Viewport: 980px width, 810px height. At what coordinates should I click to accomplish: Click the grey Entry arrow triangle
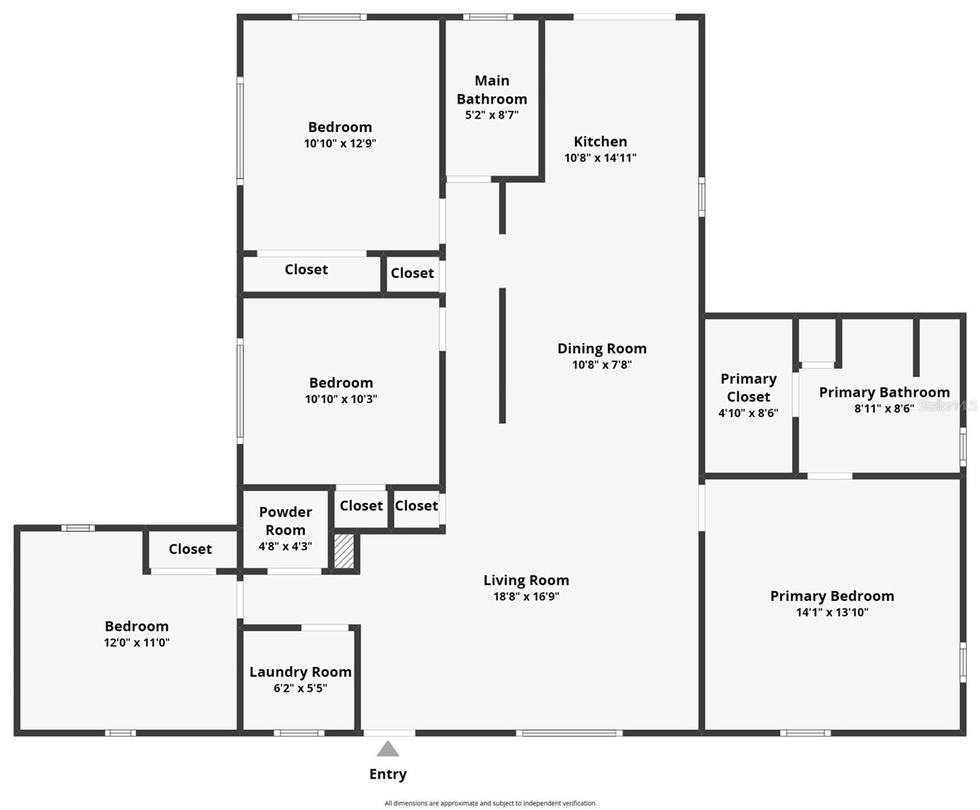(x=387, y=749)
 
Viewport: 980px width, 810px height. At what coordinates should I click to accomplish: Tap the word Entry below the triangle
(x=388, y=774)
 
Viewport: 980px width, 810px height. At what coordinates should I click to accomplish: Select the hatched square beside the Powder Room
(x=344, y=551)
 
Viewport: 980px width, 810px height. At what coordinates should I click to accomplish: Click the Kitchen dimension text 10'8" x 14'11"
(x=600, y=158)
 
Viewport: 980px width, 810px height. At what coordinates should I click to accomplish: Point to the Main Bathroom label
(x=492, y=90)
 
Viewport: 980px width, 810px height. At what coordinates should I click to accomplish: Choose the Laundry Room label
(x=300, y=672)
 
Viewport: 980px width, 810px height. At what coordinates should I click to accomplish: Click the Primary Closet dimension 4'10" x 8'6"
(x=748, y=413)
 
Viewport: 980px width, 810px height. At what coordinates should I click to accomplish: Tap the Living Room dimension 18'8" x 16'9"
(x=526, y=597)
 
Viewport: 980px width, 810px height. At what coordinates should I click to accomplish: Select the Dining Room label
(x=602, y=348)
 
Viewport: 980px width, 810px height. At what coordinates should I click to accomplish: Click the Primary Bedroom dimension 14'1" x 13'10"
(x=832, y=613)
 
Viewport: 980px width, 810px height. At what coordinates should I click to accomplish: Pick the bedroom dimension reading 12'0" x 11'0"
(x=136, y=643)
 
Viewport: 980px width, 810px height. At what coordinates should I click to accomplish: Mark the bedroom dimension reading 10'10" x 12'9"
(x=340, y=144)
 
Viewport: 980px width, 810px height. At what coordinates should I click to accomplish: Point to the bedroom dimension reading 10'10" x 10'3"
(x=341, y=400)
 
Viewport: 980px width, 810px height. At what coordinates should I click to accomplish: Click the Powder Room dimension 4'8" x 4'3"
(x=285, y=547)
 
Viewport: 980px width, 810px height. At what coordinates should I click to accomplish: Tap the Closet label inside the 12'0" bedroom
(x=190, y=549)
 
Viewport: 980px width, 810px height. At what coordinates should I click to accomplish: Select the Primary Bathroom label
(x=884, y=392)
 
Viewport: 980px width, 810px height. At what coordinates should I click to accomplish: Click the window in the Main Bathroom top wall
(x=488, y=17)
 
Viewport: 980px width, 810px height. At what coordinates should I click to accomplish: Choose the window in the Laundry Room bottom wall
(x=299, y=733)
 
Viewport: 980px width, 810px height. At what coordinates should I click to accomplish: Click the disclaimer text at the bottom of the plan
(x=490, y=803)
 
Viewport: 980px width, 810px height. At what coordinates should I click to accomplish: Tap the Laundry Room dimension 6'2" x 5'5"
(x=299, y=688)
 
